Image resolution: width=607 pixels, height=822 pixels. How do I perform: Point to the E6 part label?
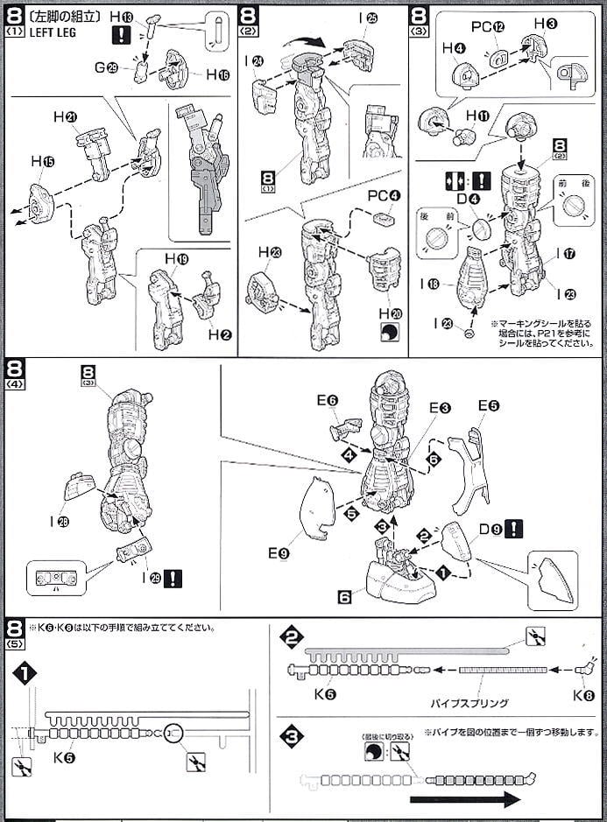327,399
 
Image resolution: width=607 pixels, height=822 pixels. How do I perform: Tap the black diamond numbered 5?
351,515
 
